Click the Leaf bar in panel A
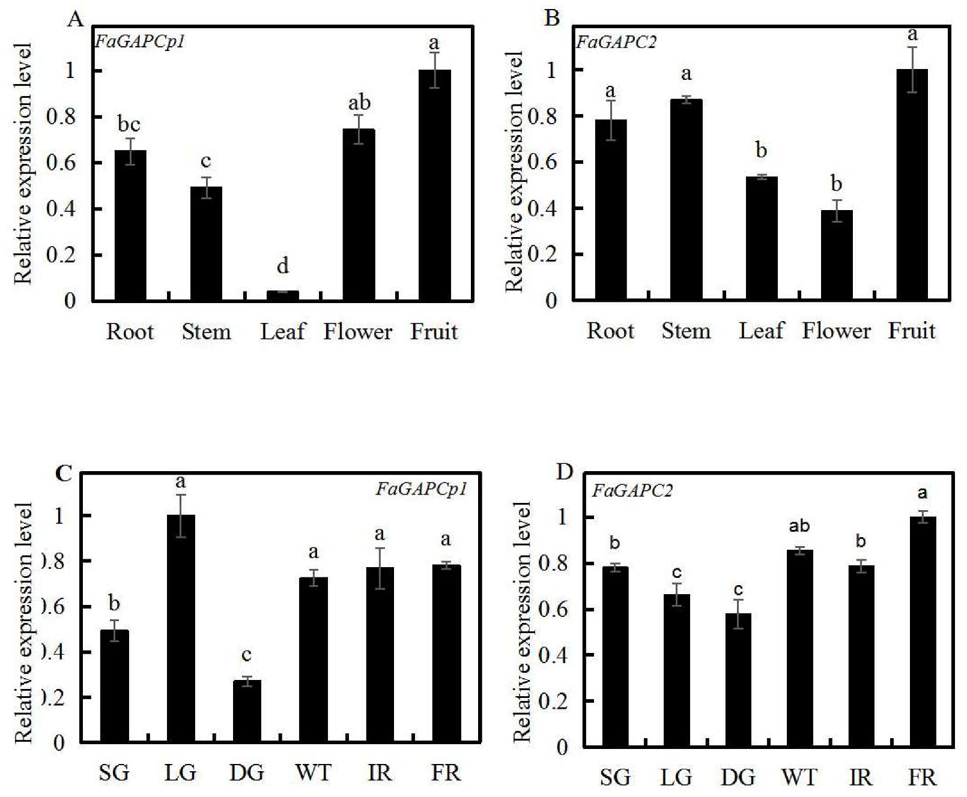282,295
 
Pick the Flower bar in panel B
837,254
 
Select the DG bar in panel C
247,711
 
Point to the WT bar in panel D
799,648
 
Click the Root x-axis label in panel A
130,331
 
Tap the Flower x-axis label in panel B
836,331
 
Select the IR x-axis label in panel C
380,773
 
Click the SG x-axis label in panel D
615,778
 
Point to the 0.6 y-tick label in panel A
62,163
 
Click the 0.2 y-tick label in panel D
553,701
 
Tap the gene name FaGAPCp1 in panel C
421,489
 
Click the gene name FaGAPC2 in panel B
616,42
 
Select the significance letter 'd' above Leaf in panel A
282,265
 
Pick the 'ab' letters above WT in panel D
799,526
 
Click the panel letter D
565,472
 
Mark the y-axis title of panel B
514,171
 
